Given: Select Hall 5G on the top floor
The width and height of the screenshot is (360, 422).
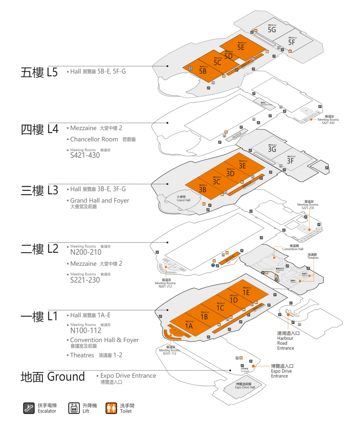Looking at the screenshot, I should tap(272, 29).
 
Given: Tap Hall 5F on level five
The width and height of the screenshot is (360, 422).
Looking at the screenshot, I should tap(292, 42).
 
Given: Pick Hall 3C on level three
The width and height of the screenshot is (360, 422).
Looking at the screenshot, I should tap(216, 181).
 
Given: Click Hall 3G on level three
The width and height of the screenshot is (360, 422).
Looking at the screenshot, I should tap(272, 149).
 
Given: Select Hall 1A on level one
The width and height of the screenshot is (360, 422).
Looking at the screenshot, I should tap(189, 326).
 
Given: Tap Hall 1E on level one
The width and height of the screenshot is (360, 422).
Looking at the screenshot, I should tap(246, 292).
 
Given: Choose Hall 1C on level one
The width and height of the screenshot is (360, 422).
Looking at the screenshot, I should tap(220, 307).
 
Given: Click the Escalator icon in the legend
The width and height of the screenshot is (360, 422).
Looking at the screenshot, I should tap(28, 408).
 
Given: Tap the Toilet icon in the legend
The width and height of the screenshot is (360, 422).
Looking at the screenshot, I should tap(111, 408).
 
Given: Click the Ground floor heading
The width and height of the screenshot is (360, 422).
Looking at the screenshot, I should tap(53, 377).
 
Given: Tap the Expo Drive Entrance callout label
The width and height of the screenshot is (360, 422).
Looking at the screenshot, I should tap(282, 370).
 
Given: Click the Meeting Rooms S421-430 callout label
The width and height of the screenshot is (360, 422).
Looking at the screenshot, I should tap(328, 121).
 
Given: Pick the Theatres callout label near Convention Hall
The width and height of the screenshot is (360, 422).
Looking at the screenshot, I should tap(313, 256).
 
